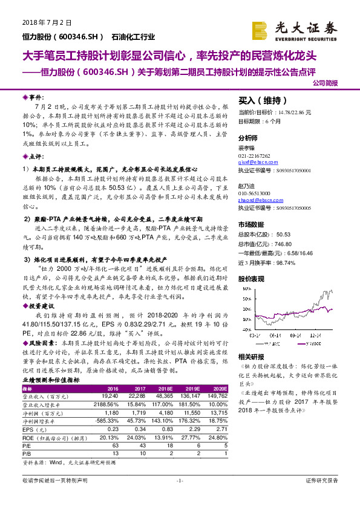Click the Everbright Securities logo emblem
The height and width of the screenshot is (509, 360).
click(x=261, y=28)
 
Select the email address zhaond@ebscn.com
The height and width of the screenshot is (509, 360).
click(x=254, y=199)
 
